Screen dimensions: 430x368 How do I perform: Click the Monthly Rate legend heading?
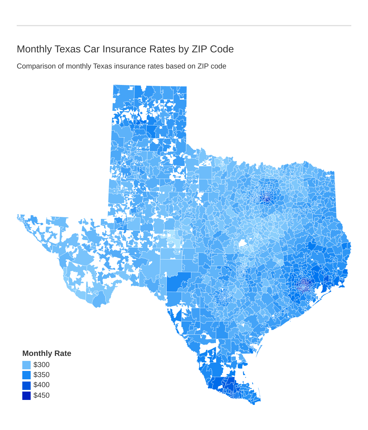pos(47,353)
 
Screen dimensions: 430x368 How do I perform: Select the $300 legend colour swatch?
pos(26,365)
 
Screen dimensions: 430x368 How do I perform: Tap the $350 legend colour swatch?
pos(26,375)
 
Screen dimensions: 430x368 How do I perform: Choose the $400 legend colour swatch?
pos(26,385)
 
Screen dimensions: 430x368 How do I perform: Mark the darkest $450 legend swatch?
pos(26,395)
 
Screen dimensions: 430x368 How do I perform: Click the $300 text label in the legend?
pos(41,365)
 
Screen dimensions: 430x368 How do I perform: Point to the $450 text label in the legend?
pos(41,395)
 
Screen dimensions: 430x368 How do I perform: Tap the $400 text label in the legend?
pos(41,385)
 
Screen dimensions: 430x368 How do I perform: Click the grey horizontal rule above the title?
pos(184,26)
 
